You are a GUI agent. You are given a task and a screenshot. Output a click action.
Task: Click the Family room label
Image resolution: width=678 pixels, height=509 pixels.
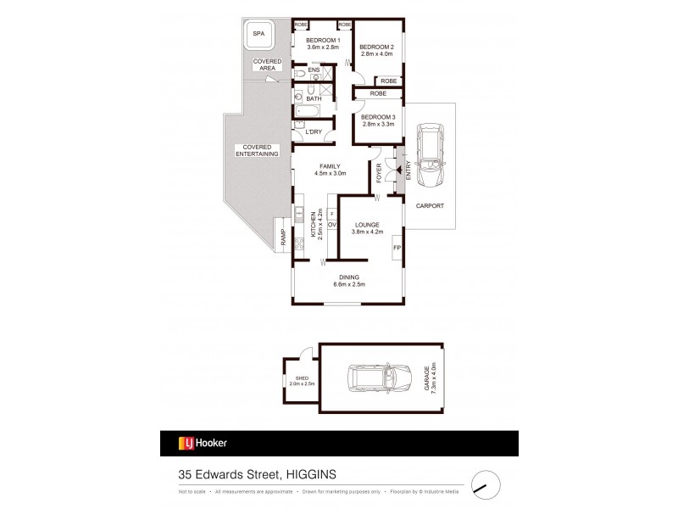coord(331,169)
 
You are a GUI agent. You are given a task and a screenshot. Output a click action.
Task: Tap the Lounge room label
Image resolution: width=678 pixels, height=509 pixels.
coord(368,227)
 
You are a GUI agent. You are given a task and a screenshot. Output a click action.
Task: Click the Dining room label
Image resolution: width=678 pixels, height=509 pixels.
coord(349,279)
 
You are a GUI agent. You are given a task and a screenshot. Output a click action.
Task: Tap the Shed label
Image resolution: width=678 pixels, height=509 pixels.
coord(301,381)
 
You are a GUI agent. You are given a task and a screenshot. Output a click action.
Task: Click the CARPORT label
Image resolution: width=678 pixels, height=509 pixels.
coord(430,205)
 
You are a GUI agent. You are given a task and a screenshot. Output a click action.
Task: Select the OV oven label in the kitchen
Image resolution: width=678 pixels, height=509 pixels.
coord(332,224)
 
